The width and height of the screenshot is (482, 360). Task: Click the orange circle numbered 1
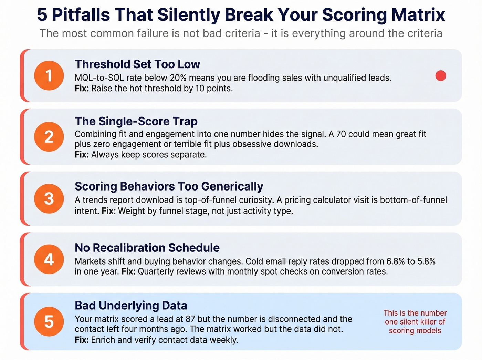coord(49,75)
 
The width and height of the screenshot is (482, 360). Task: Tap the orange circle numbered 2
coord(49,137)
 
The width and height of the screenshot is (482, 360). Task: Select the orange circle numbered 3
coord(49,198)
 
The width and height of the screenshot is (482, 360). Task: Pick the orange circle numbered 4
coord(49,259)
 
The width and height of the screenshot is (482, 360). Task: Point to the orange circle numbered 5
coord(49,321)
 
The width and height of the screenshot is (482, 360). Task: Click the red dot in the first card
coord(441,76)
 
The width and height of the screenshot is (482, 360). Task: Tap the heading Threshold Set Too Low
coord(137,64)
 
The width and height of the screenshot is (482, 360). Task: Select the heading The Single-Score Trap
coord(136,121)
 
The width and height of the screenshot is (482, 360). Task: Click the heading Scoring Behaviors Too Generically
coord(169,186)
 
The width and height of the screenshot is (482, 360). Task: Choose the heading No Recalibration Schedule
coord(147,248)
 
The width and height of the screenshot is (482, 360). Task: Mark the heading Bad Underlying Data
coord(131,306)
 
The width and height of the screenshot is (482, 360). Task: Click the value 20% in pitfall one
coord(179,78)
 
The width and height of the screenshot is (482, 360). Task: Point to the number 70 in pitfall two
coord(341,134)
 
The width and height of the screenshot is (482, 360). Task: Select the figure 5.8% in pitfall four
coord(426,261)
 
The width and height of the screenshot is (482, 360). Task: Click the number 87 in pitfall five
coord(190,319)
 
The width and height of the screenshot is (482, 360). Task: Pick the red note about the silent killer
coord(415,322)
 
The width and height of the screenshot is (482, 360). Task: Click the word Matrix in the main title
coord(418,14)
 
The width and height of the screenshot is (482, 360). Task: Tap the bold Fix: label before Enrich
coord(82,340)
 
